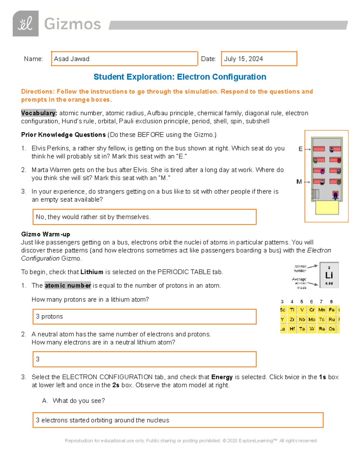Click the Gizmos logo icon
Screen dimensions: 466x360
click(25, 24)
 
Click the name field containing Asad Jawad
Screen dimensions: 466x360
click(124, 59)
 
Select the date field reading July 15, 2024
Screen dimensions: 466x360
click(259, 59)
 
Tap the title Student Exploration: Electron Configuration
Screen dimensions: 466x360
click(180, 77)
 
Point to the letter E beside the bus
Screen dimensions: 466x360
click(300, 149)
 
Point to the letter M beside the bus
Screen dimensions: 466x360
click(299, 182)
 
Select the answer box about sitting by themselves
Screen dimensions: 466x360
click(144, 217)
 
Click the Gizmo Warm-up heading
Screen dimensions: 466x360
click(46, 234)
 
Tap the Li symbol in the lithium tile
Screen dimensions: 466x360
click(329, 275)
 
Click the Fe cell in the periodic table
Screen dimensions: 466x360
click(331, 310)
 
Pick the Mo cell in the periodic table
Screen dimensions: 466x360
click(312, 320)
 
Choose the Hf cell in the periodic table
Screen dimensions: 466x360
click(292, 329)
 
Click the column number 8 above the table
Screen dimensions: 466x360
click(331, 302)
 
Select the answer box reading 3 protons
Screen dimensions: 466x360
click(144, 317)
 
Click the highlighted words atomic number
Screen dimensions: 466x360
click(68, 285)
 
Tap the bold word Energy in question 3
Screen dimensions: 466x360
click(222, 377)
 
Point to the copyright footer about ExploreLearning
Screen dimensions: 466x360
click(190, 440)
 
